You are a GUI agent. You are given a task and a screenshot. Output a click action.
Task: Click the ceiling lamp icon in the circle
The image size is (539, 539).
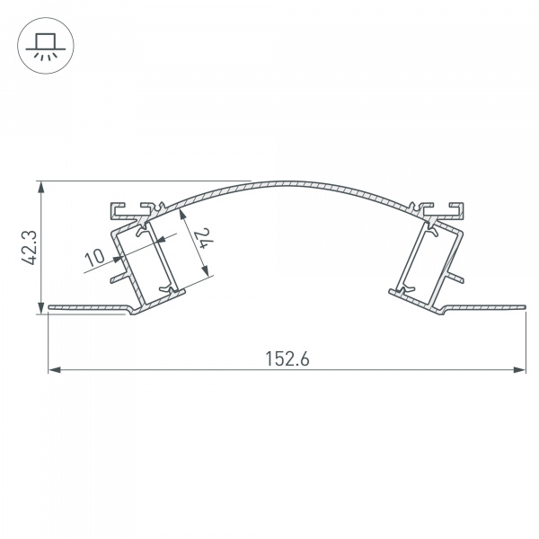(x=41, y=42)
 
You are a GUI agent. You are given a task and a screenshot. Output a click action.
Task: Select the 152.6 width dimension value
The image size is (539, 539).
(x=287, y=358)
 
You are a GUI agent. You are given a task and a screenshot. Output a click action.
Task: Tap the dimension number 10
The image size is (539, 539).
(x=93, y=258)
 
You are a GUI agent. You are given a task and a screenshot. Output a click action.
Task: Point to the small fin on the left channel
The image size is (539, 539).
(x=116, y=278)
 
